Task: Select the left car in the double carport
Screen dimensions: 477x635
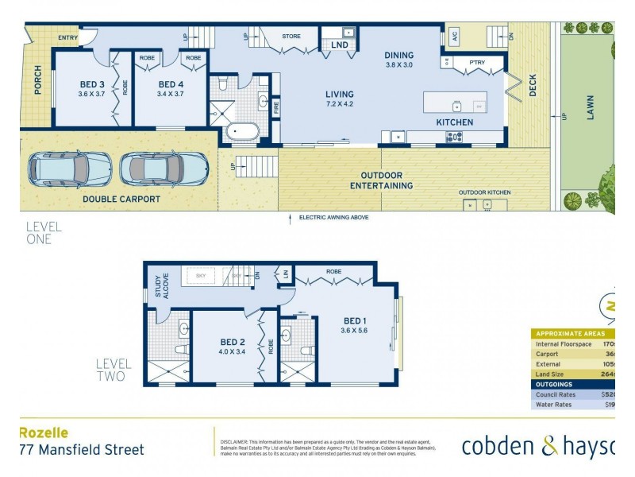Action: [70, 168]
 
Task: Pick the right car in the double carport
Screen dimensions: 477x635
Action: [164, 169]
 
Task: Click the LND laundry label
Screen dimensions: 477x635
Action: [339, 45]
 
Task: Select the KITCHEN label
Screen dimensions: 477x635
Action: [454, 122]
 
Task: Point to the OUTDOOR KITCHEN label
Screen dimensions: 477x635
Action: [484, 192]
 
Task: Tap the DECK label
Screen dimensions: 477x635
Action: [533, 86]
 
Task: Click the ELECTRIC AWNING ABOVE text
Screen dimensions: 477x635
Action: [333, 217]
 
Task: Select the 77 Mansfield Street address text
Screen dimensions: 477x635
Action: [81, 450]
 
